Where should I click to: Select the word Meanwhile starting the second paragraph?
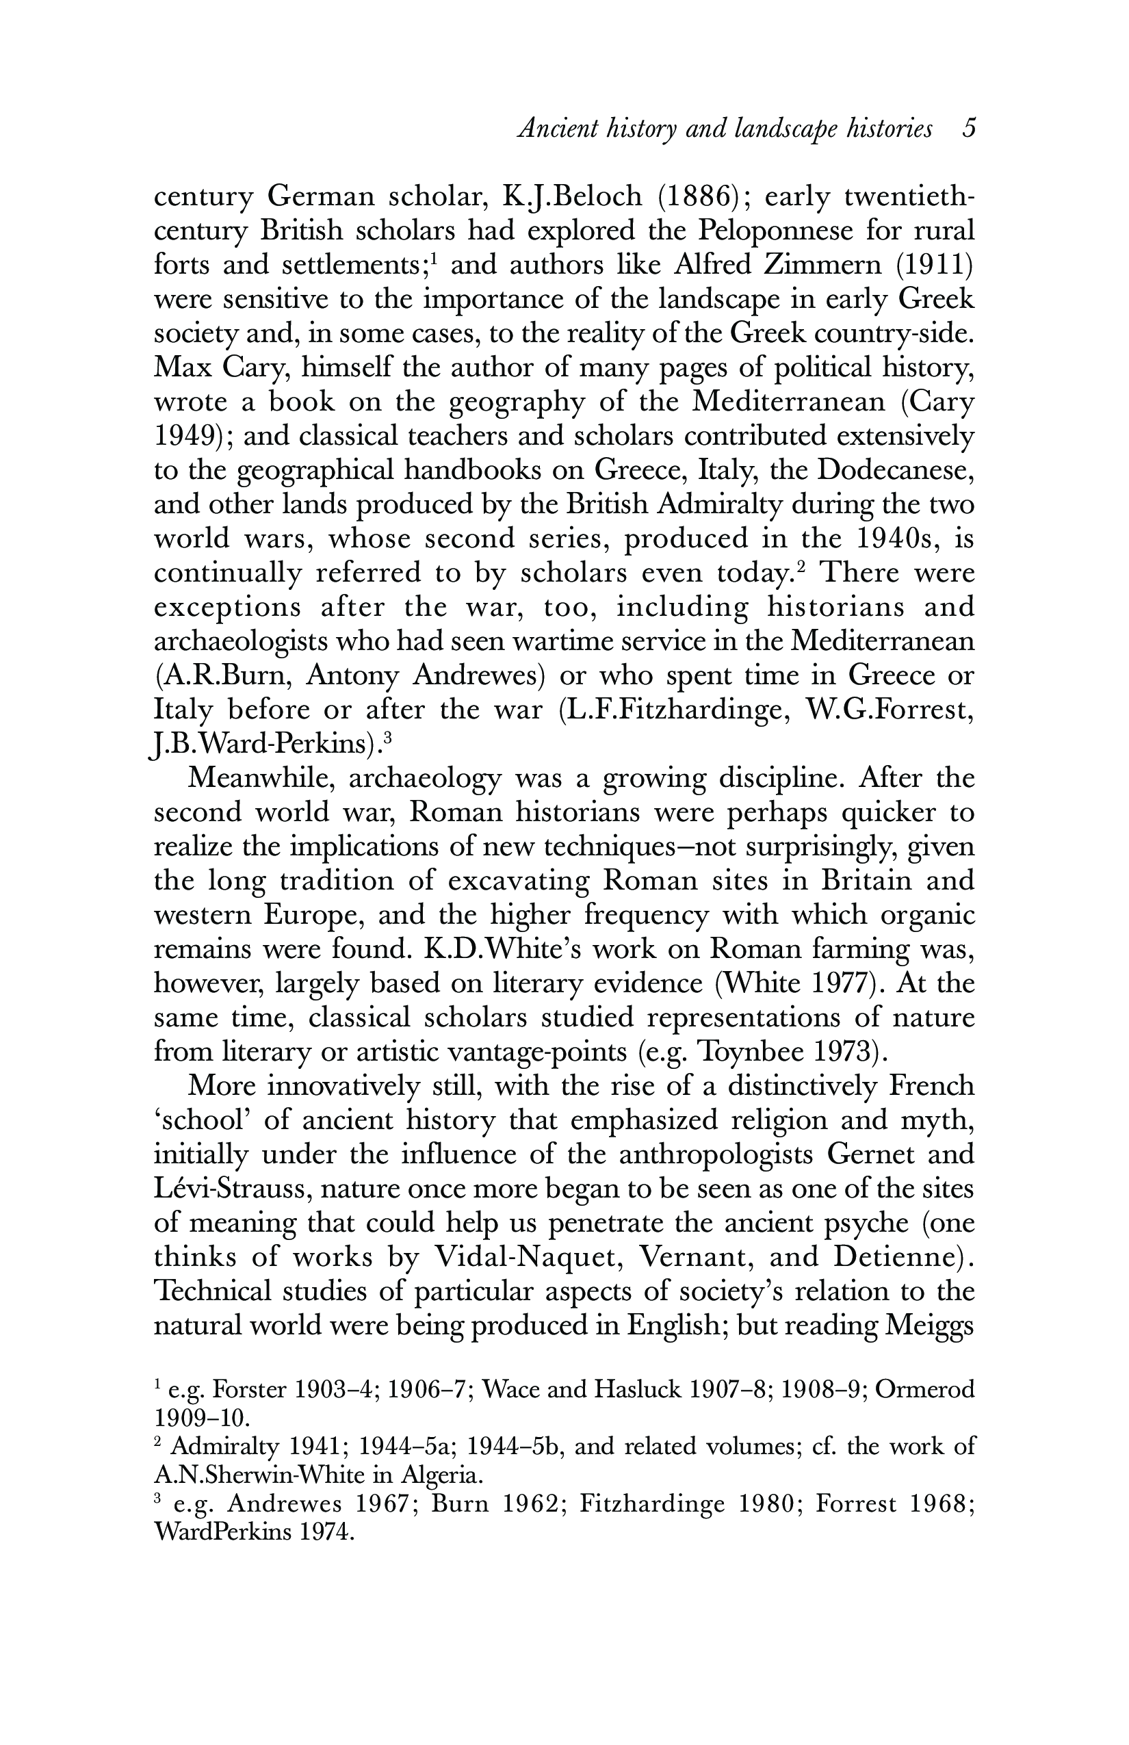pos(261,778)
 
